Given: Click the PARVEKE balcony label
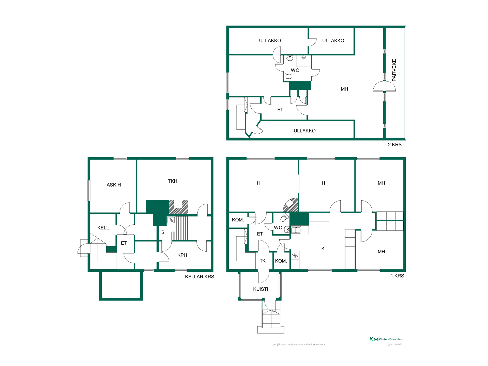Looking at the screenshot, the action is pyautogui.click(x=394, y=70).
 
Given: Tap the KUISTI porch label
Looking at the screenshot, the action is pyautogui.click(x=261, y=289).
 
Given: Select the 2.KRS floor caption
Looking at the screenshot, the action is pyautogui.click(x=395, y=145).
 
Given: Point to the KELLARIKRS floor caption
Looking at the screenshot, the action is pyautogui.click(x=200, y=277).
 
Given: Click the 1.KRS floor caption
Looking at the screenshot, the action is pyautogui.click(x=397, y=276).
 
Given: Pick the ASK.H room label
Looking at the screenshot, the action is pyautogui.click(x=114, y=185).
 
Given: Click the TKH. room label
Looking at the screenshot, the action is pyautogui.click(x=173, y=181).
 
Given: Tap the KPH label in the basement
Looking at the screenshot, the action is pyautogui.click(x=182, y=255).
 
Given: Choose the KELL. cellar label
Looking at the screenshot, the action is pyautogui.click(x=104, y=228).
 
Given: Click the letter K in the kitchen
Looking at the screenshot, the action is pyautogui.click(x=323, y=248).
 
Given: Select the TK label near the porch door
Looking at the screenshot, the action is pyautogui.click(x=263, y=261).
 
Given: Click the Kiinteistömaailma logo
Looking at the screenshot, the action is pyautogui.click(x=386, y=339).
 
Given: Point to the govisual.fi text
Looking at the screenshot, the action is pyautogui.click(x=395, y=344).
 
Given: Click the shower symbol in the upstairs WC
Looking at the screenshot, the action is pyautogui.click(x=303, y=58).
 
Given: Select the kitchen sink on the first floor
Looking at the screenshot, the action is pyautogui.click(x=296, y=230).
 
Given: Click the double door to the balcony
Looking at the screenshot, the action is pyautogui.click(x=384, y=86).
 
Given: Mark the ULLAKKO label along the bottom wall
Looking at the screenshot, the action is pyautogui.click(x=304, y=131).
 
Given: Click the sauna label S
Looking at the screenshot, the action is pyautogui.click(x=163, y=232).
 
